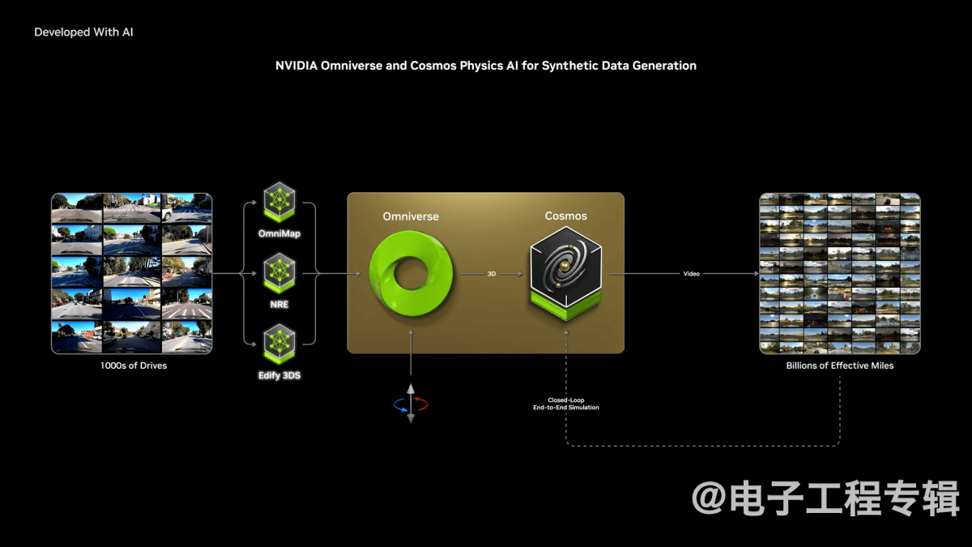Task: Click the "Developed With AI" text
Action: tap(83, 32)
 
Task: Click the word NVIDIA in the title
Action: tap(296, 66)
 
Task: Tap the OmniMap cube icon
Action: tap(279, 203)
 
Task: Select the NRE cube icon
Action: tap(279, 273)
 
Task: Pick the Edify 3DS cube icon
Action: tap(279, 344)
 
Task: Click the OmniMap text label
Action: tap(279, 233)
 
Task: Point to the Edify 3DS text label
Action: tap(279, 375)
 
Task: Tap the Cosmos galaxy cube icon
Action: tap(566, 274)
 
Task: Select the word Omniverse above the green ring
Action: tap(411, 216)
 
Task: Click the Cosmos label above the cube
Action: tap(566, 216)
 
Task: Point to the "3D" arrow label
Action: tap(492, 274)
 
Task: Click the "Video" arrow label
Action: tap(691, 274)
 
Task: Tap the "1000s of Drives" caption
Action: tap(134, 365)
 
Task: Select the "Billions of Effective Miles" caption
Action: tap(840, 365)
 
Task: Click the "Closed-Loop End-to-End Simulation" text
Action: tap(566, 404)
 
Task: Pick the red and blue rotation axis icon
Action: tap(411, 404)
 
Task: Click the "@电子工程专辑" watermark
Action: tap(825, 498)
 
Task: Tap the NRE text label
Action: tap(279, 305)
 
